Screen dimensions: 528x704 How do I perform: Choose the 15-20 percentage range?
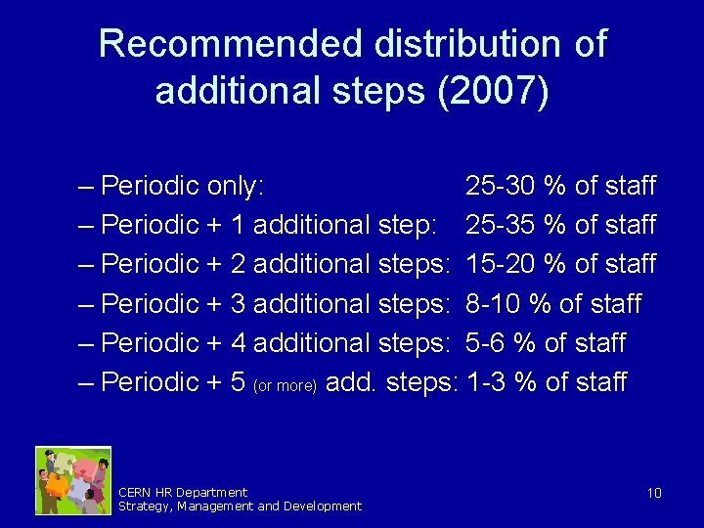pyautogui.click(x=501, y=264)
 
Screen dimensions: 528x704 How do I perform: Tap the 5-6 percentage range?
pyautogui.click(x=486, y=343)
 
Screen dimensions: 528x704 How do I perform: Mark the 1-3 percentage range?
pyautogui.click(x=486, y=382)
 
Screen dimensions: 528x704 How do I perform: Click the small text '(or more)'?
pyautogui.click(x=284, y=385)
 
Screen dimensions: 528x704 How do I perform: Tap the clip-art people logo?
pyautogui.click(x=73, y=480)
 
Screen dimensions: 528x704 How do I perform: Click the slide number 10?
pyautogui.click(x=654, y=493)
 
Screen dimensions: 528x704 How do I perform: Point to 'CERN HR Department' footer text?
pyautogui.click(x=182, y=492)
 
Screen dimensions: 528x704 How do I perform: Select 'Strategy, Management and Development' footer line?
pyautogui.click(x=240, y=506)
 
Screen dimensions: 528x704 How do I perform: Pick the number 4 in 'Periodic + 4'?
pyautogui.click(x=238, y=343)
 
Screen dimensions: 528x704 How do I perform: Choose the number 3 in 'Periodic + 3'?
pyautogui.click(x=238, y=304)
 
